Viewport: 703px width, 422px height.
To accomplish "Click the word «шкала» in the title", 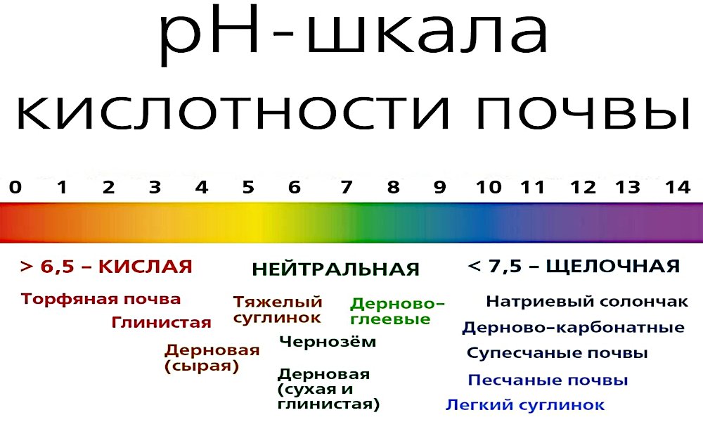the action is (428, 36).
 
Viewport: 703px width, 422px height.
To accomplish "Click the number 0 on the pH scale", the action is (15, 187).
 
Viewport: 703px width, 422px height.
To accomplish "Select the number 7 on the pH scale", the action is (346, 187).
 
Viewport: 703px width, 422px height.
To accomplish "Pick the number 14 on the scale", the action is (678, 187).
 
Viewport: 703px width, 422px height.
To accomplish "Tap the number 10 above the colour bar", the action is (489, 187).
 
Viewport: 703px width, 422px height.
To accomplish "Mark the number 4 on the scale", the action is (202, 187).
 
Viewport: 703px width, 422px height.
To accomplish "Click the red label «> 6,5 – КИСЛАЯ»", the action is (106, 267).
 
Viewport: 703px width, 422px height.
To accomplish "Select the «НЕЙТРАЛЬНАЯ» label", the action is (336, 269).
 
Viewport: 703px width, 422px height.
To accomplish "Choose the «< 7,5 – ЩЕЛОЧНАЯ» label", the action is (574, 267).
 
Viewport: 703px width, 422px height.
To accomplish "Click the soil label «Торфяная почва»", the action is (101, 299).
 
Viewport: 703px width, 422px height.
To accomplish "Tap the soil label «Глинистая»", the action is (162, 322).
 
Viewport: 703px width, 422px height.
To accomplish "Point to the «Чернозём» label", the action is (328, 342).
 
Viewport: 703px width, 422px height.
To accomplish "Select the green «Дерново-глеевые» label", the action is (397, 311).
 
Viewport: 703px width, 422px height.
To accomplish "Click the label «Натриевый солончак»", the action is (587, 301).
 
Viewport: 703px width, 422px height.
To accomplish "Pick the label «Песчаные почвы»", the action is (548, 381).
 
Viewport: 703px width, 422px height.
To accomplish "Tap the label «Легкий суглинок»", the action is (525, 404).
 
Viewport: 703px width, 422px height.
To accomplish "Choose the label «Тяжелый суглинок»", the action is (278, 309).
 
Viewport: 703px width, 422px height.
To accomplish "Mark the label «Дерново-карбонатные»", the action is (574, 328).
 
